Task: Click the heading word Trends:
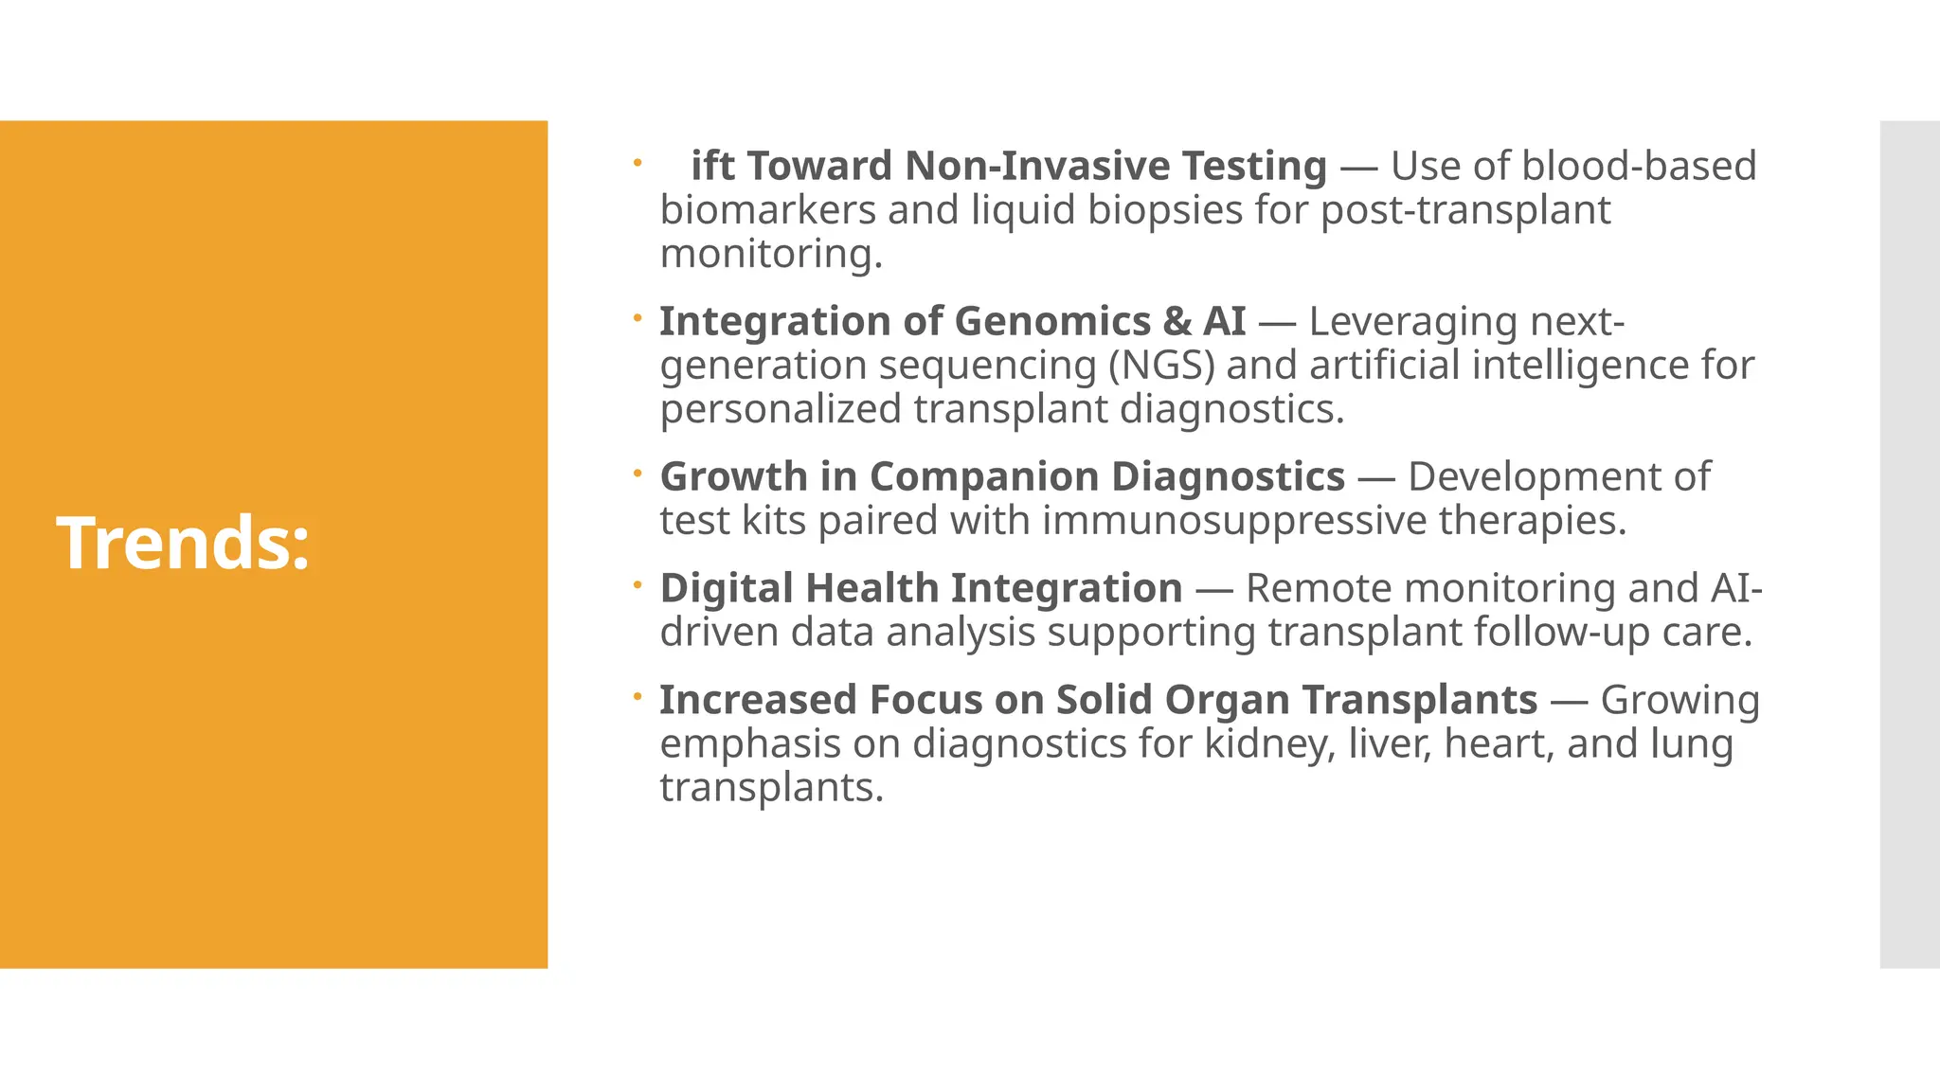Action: [x=184, y=543]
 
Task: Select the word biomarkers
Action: [x=767, y=210]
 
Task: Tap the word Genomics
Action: [x=1052, y=321]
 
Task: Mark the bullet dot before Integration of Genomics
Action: [x=638, y=318]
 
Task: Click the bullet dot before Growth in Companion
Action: [x=638, y=474]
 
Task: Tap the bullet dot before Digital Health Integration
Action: [x=638, y=585]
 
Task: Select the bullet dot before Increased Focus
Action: [x=638, y=697]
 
